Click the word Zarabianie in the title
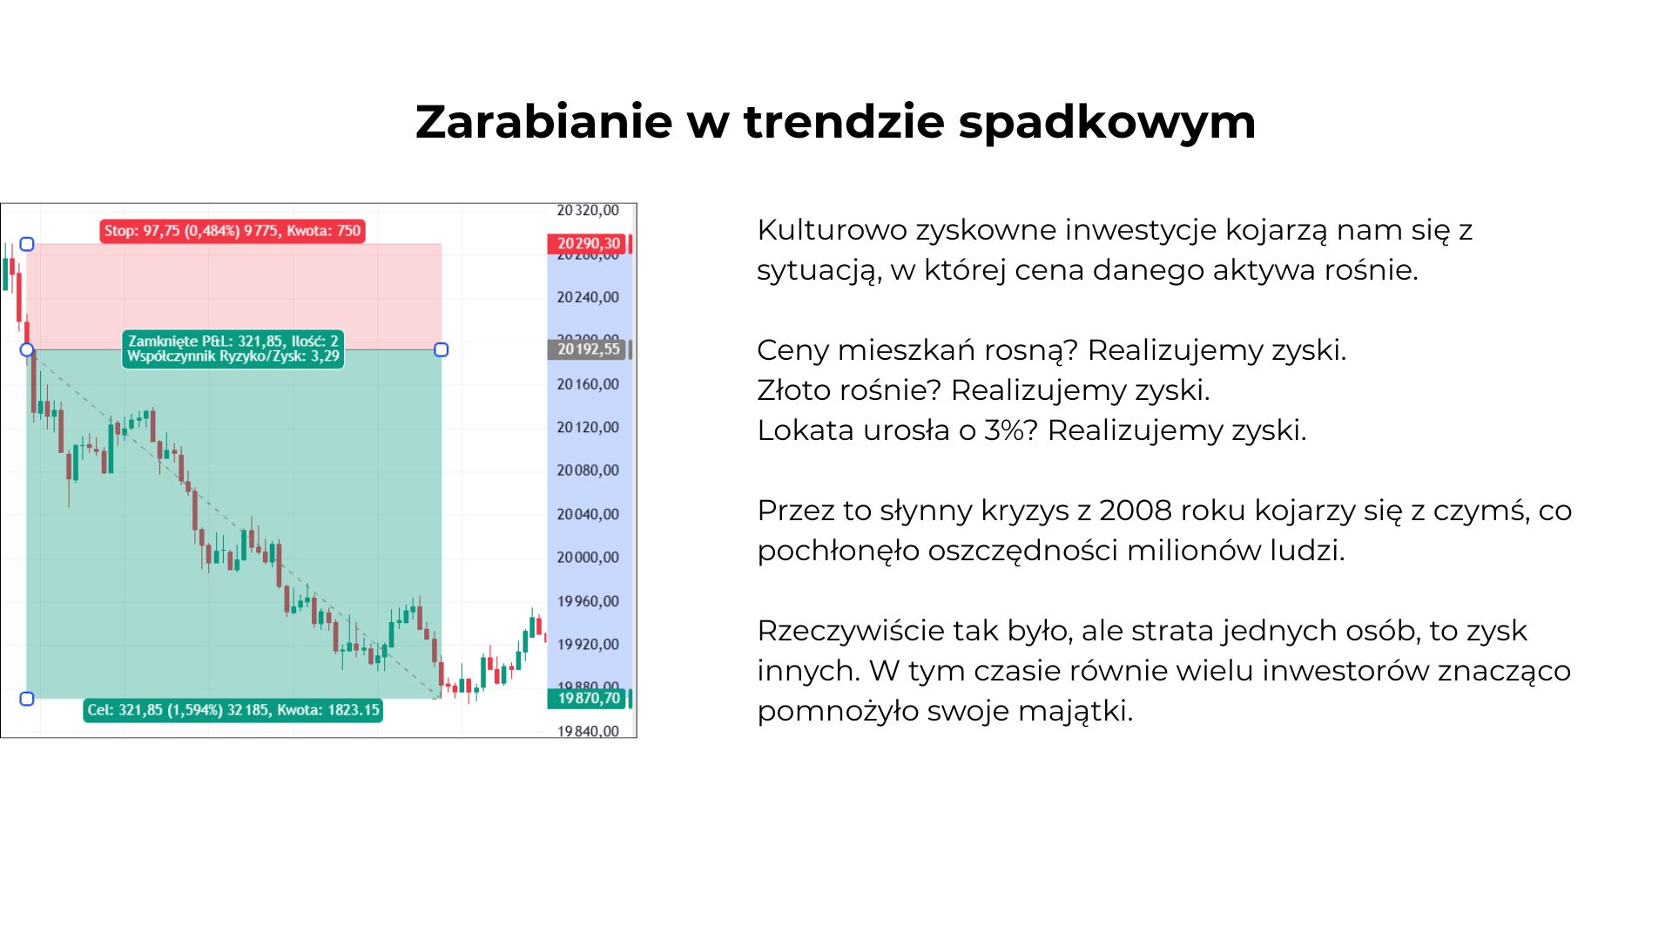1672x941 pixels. (543, 121)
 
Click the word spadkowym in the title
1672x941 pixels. (1107, 123)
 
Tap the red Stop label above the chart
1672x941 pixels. (232, 231)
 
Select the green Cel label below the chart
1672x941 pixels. (233, 710)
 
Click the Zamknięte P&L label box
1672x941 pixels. (233, 349)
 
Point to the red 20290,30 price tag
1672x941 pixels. (589, 244)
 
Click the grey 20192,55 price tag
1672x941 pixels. (589, 349)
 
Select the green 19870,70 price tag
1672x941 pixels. (589, 698)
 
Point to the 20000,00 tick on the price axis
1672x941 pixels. (588, 558)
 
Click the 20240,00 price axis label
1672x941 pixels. (588, 297)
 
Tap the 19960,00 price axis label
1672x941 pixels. (588, 601)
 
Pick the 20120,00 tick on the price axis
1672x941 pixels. (588, 427)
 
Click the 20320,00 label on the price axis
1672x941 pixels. (588, 210)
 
